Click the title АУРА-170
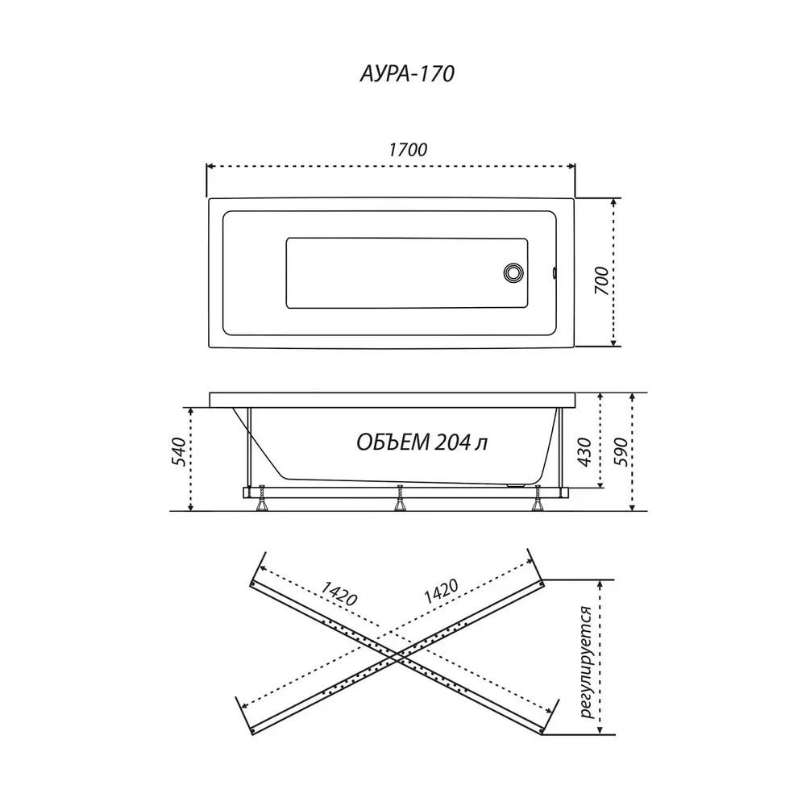[x=407, y=73]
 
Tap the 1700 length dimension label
[x=408, y=150]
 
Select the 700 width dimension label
[x=601, y=280]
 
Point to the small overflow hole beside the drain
[x=555, y=272]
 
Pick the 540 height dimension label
[x=178, y=452]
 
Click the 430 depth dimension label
[x=584, y=452]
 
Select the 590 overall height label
[x=621, y=452]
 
